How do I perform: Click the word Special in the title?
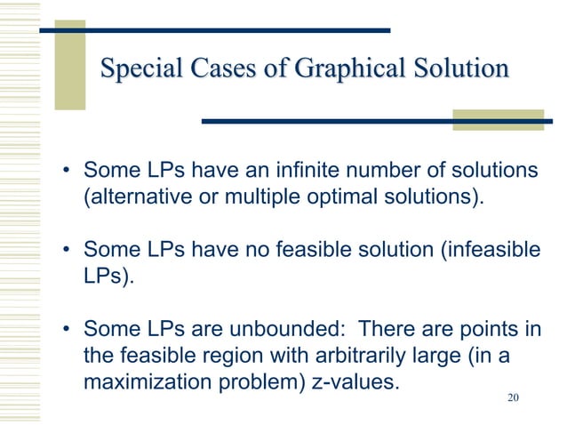coord(136,69)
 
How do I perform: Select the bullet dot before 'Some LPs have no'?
coord(66,251)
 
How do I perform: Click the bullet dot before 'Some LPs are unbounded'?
coord(66,332)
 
